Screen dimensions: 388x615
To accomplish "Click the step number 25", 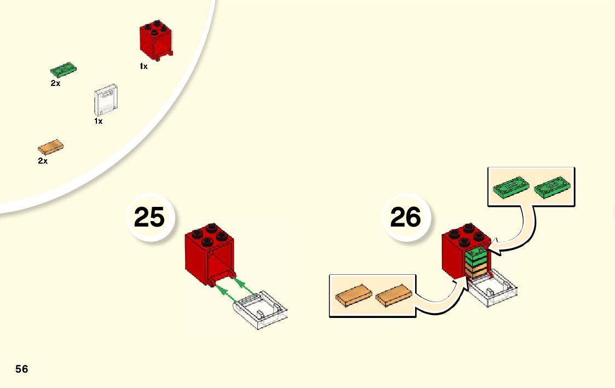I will [x=149, y=217].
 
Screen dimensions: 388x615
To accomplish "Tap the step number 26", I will [x=405, y=217].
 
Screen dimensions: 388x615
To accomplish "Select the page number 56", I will [x=22, y=369].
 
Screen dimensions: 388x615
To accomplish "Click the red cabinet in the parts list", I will [x=156, y=40].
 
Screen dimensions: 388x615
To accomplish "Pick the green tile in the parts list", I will [x=64, y=70].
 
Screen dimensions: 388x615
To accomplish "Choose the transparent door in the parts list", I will [x=106, y=100].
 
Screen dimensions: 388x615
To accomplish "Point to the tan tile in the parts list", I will [x=51, y=147].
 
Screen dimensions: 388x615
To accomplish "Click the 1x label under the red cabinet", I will [x=143, y=66].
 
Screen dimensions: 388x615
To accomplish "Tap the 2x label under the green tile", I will [x=55, y=84].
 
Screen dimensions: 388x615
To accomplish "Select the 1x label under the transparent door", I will [x=99, y=121].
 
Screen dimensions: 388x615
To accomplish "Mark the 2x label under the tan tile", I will [x=43, y=161].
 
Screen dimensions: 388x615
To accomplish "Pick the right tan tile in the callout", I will [x=393, y=296].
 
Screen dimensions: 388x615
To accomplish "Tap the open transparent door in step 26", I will [x=493, y=289].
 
